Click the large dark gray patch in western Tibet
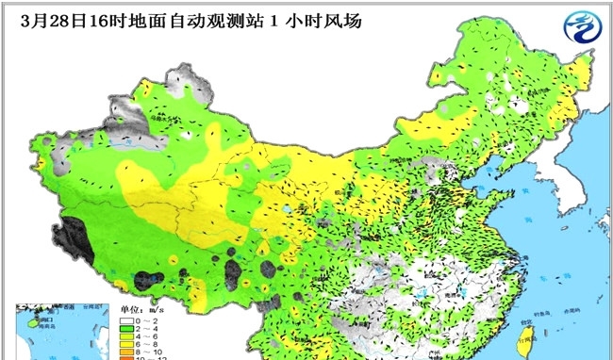[x=79, y=235]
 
